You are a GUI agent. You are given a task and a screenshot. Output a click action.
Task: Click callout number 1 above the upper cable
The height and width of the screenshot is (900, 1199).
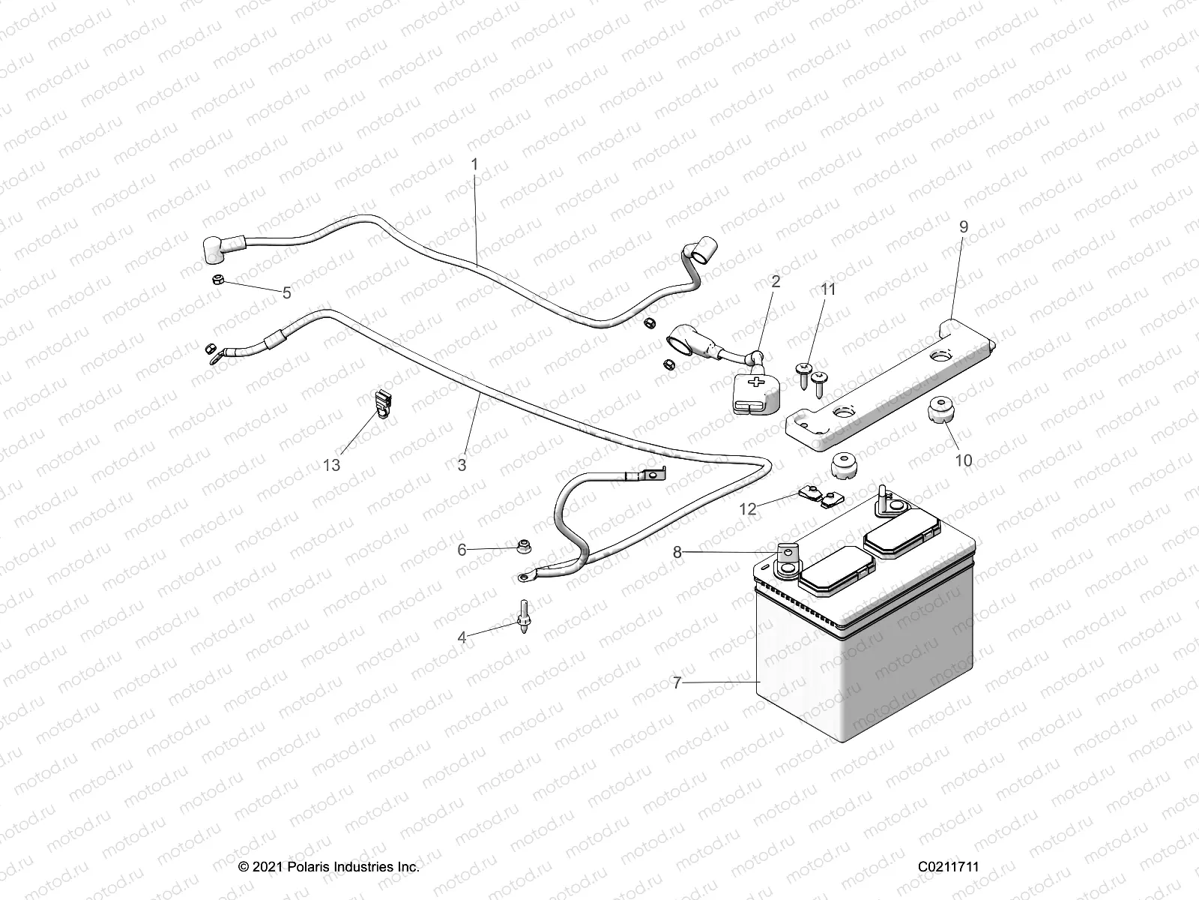[474, 163]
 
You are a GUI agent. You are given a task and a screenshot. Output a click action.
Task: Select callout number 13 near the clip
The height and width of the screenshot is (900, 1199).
[331, 465]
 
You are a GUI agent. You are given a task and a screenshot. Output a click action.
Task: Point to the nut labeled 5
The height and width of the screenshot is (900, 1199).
[213, 280]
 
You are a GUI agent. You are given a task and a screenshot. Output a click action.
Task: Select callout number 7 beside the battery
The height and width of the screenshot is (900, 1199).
[677, 682]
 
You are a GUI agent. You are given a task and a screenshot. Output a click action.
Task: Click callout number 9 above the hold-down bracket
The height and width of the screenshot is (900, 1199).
[963, 227]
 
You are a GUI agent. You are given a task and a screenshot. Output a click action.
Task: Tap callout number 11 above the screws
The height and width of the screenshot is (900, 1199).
[828, 289]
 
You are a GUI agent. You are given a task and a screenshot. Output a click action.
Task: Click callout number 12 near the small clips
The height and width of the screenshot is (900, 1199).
[748, 508]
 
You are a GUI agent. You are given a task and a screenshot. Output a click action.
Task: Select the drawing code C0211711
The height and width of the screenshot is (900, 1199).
[949, 867]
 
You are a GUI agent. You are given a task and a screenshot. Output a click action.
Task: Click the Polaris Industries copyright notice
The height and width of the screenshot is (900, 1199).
[329, 867]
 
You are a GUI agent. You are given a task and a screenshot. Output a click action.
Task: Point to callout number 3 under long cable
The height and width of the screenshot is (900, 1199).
[462, 465]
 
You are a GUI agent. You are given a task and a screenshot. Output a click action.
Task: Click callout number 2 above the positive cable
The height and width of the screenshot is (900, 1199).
[776, 281]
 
